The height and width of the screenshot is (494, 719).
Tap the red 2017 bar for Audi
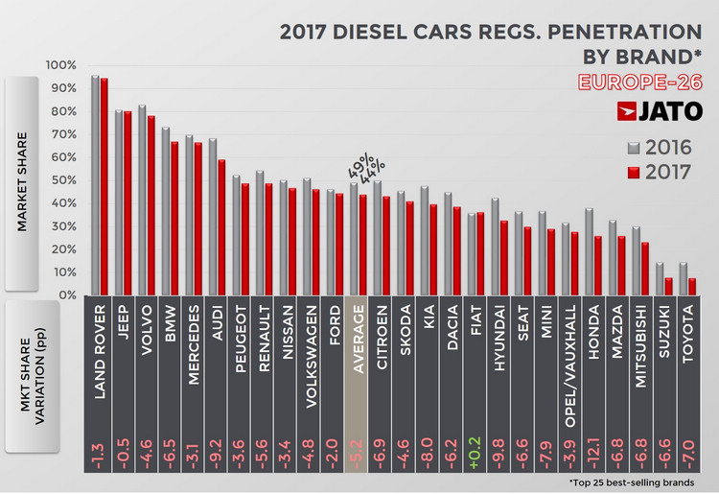click(221, 227)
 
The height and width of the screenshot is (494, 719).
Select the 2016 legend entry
click(661, 149)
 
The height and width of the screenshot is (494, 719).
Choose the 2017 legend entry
click(661, 174)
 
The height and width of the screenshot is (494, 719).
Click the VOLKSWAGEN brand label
click(311, 350)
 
